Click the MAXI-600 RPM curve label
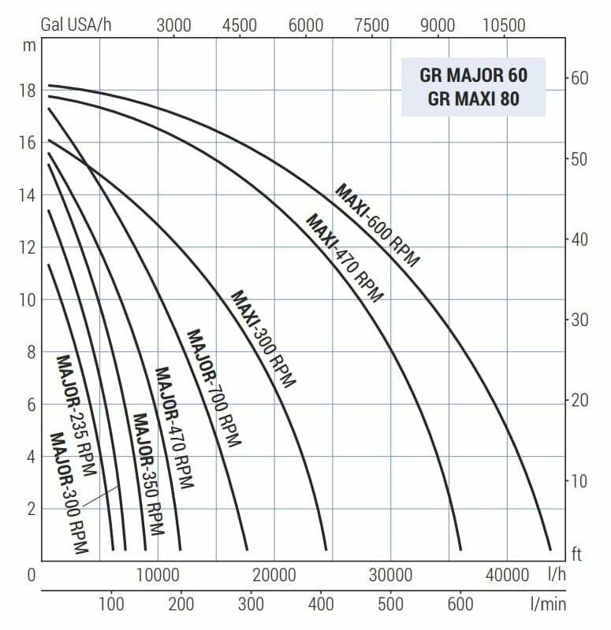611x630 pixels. tap(378, 225)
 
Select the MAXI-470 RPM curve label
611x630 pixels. tap(344, 258)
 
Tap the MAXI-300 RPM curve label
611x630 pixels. tap(263, 339)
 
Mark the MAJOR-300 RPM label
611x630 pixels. tap(69, 493)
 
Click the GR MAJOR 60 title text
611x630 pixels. tap(473, 76)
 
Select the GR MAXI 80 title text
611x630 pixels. tap(473, 100)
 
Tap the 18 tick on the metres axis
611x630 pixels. tap(27, 91)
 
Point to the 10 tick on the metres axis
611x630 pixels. tap(27, 300)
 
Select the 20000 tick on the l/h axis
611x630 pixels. tap(274, 575)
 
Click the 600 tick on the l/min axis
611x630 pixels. tap(460, 604)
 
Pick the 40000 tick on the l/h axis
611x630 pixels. tap(506, 575)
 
